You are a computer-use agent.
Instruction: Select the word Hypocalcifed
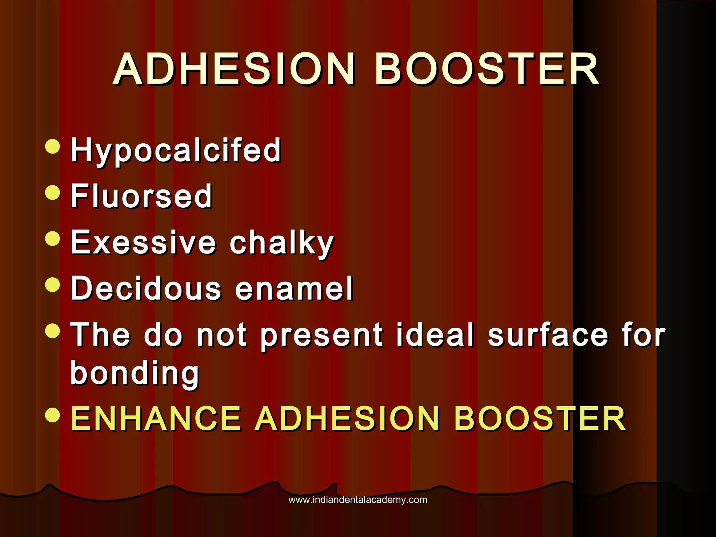[x=176, y=150]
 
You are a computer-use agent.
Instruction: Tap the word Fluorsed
[x=142, y=196]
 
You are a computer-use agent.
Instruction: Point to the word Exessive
[x=143, y=243]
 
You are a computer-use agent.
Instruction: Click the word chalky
[x=282, y=243]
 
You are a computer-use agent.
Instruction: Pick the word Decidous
[x=146, y=288]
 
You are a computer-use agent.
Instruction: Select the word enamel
[x=294, y=288]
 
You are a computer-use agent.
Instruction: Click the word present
[x=321, y=336]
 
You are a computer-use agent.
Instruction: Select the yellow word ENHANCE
[x=156, y=418]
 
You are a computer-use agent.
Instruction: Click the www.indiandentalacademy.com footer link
[x=358, y=500]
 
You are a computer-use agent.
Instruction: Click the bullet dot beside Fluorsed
[x=53, y=192]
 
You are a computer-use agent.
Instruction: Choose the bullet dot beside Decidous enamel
[x=53, y=284]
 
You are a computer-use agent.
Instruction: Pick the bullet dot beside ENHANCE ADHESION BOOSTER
[x=53, y=415]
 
